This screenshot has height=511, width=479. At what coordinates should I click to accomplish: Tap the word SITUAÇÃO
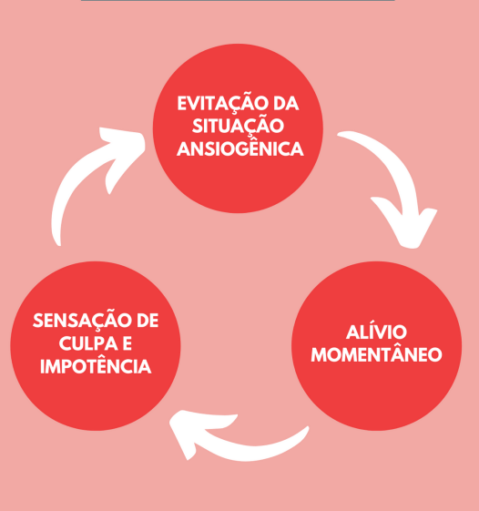(x=239, y=126)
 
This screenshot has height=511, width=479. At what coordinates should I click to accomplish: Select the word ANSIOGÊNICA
(x=240, y=148)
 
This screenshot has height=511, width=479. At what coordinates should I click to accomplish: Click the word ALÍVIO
(x=376, y=332)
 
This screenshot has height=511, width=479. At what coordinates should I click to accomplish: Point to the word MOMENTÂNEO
(x=376, y=354)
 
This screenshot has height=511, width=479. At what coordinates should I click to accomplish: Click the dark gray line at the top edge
(x=239, y=1)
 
